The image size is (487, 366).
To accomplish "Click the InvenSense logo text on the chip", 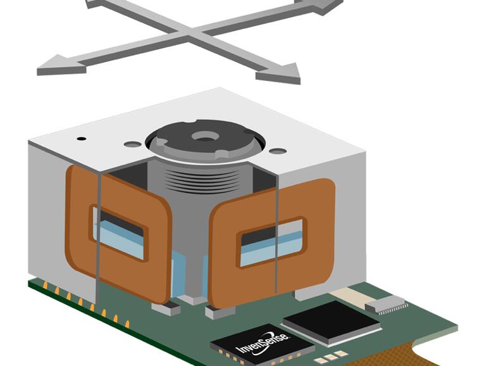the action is [x=262, y=343].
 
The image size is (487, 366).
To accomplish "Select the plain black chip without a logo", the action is [x=331, y=322].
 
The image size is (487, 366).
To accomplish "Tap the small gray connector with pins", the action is [x=386, y=304].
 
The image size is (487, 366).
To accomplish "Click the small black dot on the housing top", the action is [x=82, y=139].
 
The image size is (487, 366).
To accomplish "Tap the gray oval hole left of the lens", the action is [x=133, y=144].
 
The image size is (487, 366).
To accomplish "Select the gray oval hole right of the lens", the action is [x=278, y=151].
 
